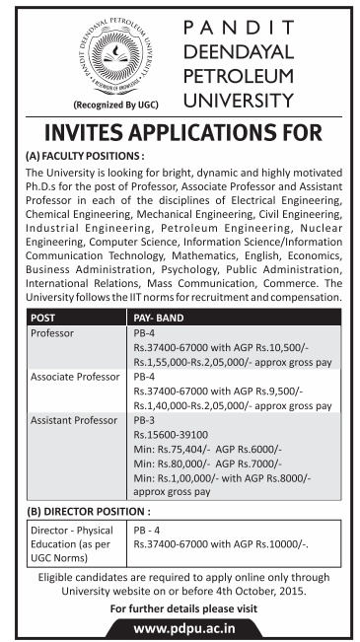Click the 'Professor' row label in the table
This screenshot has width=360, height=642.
point(54,334)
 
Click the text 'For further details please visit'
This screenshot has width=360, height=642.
point(180,608)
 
